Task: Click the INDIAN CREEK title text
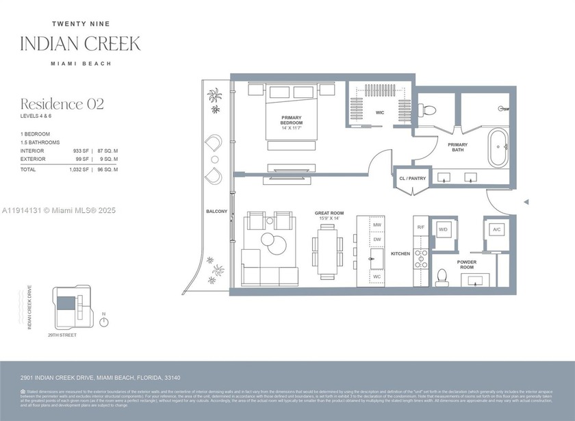[x=81, y=44]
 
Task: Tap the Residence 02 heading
[x=62, y=104]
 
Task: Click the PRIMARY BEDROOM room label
[x=292, y=120]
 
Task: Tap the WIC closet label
[x=379, y=113]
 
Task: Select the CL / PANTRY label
[x=412, y=178]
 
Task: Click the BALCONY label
[x=217, y=212]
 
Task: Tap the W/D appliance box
[x=443, y=229]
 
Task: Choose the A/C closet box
[x=496, y=229]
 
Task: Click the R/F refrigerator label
[x=421, y=227]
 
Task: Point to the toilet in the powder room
[x=442, y=277]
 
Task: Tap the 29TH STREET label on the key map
[x=63, y=335]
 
